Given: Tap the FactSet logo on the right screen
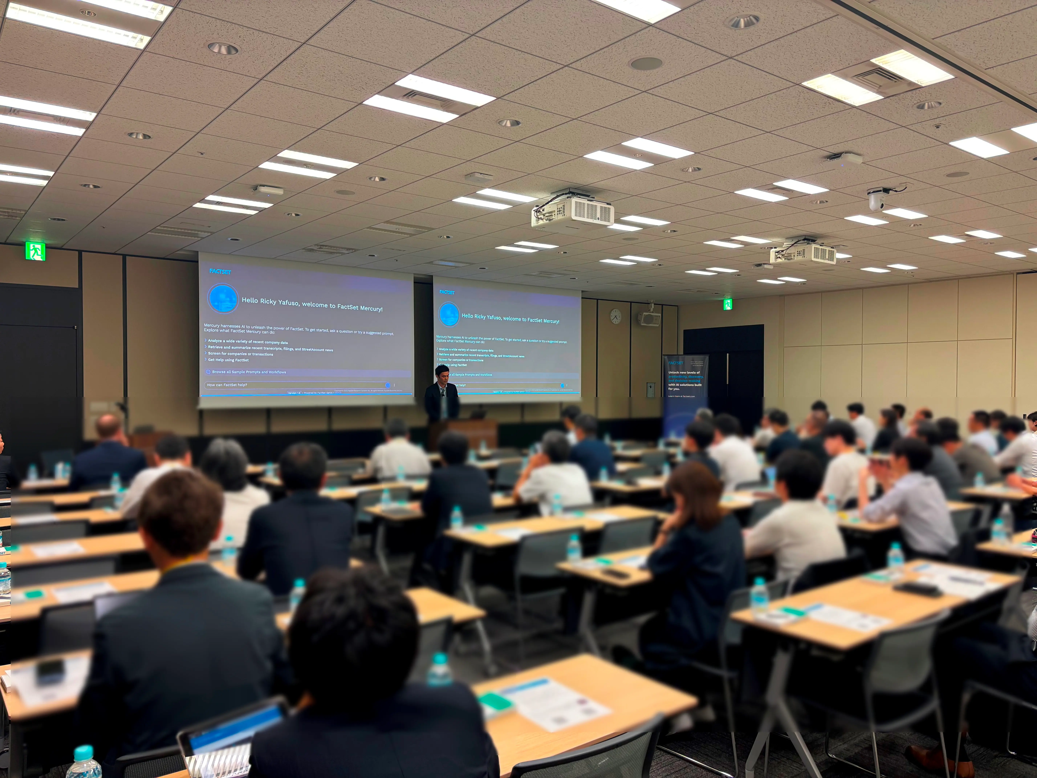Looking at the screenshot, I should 447,292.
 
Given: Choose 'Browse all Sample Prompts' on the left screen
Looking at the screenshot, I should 249,372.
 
